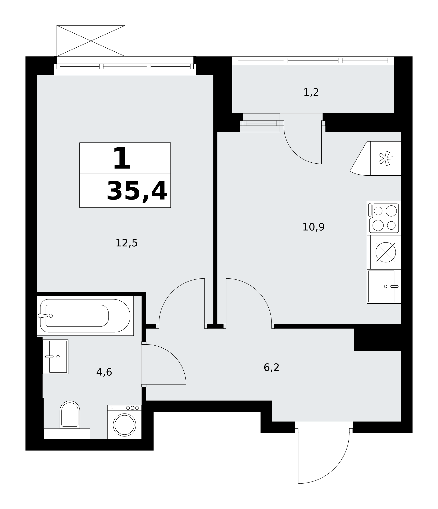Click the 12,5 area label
[127, 243]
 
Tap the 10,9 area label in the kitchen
[313, 227]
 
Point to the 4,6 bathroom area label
[104, 372]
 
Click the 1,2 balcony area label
[311, 92]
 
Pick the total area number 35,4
[137, 191]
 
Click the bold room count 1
[122, 158]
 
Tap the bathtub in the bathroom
[85, 316]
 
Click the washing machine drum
[125, 425]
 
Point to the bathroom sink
[56, 357]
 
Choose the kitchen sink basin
[381, 286]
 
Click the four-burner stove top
[384, 218]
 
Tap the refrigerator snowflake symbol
[386, 158]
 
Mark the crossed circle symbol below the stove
[386, 252]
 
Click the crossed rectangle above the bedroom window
[91, 41]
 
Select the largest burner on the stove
[391, 211]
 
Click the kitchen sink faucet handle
[394, 286]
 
